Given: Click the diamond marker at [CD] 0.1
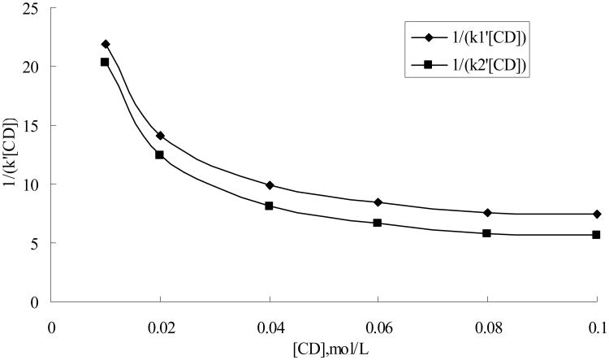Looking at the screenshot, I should [597, 214].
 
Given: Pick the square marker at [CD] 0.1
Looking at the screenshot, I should [597, 235].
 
